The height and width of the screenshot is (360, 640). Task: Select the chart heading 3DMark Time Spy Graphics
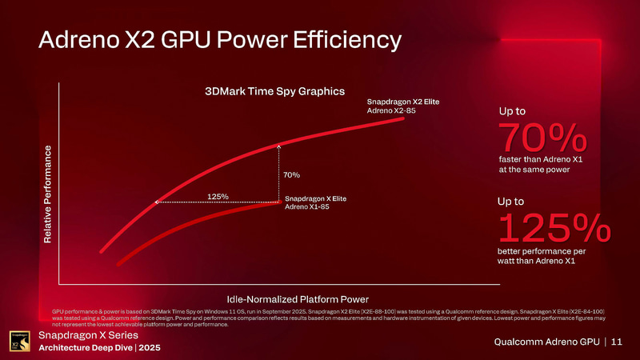[x=262, y=91]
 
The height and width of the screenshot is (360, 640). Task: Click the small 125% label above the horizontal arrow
[x=218, y=195]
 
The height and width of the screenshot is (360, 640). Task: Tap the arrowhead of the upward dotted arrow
[x=278, y=146]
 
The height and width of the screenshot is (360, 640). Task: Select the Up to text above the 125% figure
[x=511, y=202]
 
